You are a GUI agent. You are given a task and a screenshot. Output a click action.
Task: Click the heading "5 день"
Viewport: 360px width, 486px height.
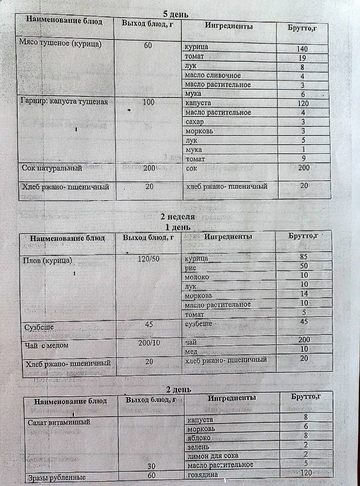coord(175,14)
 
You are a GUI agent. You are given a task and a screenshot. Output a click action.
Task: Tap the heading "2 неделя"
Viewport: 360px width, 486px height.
coord(178,217)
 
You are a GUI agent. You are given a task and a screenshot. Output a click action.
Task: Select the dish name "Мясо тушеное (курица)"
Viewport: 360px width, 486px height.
coord(60,43)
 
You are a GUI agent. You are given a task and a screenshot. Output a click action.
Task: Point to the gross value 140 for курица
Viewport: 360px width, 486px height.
coord(303,49)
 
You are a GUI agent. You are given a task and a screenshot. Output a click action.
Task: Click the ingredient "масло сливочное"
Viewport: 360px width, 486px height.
coord(213,75)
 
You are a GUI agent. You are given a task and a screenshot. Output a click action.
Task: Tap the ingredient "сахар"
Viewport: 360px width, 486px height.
coord(194,121)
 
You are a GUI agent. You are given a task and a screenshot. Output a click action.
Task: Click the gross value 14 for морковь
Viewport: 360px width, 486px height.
coord(304,293)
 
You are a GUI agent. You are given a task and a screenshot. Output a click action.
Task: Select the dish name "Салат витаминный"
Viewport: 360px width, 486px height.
coord(59,422)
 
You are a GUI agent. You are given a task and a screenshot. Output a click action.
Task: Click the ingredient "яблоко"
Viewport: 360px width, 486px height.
coord(200,438)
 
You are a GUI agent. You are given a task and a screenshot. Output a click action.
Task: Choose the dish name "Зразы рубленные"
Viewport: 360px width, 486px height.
coord(57,478)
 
